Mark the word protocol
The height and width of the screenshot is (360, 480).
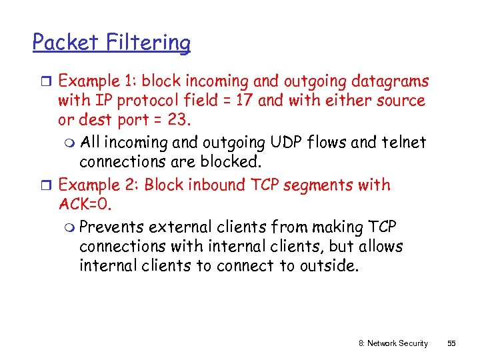coord(130,101)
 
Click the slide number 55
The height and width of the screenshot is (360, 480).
coord(451,343)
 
